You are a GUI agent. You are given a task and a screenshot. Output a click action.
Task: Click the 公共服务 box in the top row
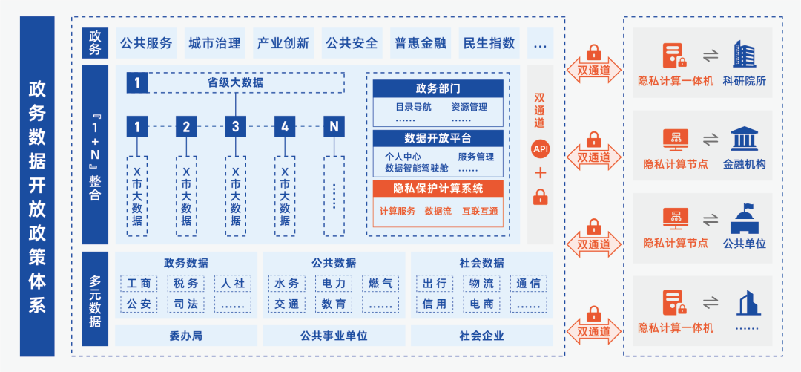click(x=146, y=43)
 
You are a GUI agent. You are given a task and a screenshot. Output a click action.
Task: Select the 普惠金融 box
click(x=421, y=43)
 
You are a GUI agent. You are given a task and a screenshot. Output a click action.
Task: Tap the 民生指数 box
click(x=489, y=43)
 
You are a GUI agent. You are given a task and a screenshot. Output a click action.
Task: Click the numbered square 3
click(x=236, y=126)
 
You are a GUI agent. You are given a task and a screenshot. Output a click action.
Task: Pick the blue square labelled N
click(x=334, y=126)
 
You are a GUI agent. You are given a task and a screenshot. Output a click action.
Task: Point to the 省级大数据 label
click(x=235, y=82)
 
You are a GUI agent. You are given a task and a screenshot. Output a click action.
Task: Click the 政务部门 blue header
click(x=438, y=88)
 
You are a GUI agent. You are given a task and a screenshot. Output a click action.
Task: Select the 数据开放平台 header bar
click(x=438, y=138)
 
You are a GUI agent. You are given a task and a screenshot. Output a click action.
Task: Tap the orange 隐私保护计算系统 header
click(x=438, y=188)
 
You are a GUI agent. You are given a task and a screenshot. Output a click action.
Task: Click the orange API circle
click(x=540, y=149)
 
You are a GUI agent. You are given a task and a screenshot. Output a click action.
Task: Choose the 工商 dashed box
click(x=138, y=283)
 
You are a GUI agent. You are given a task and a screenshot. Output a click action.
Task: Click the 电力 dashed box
click(x=334, y=283)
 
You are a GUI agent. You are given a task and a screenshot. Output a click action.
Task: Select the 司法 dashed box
click(x=185, y=304)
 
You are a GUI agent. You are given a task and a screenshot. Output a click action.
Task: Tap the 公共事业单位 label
click(x=334, y=336)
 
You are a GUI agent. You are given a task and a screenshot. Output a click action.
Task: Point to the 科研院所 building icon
click(x=744, y=54)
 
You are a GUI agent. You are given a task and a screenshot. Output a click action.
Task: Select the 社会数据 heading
click(x=481, y=263)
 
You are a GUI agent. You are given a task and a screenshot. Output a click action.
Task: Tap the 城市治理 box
click(x=214, y=43)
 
